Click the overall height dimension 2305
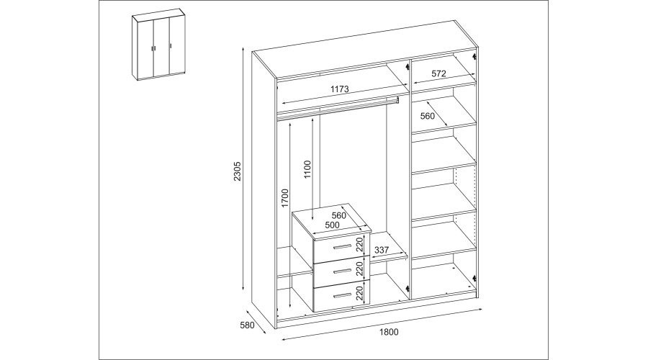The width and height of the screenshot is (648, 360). (237, 171)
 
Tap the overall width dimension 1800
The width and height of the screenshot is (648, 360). (389, 331)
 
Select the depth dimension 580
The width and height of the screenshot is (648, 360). (247, 325)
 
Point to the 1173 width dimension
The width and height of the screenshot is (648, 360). (340, 89)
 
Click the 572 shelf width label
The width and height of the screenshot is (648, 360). (438, 73)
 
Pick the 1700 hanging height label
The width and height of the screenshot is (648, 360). (284, 199)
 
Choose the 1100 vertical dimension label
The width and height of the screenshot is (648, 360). (307, 169)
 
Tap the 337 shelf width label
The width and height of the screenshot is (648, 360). (382, 250)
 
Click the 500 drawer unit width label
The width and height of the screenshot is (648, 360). (332, 225)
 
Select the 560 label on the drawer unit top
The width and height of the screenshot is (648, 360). (338, 215)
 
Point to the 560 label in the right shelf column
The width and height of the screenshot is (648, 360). (427, 116)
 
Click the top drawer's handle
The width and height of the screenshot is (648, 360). (342, 247)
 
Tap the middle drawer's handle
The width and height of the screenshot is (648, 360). (342, 271)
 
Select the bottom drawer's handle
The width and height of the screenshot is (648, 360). (342, 295)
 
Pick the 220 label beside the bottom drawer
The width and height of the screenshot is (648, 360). (359, 294)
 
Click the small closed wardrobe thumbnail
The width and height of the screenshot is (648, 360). (158, 46)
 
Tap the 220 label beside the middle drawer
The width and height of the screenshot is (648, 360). (359, 269)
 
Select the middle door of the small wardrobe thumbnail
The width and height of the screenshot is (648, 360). (161, 48)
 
